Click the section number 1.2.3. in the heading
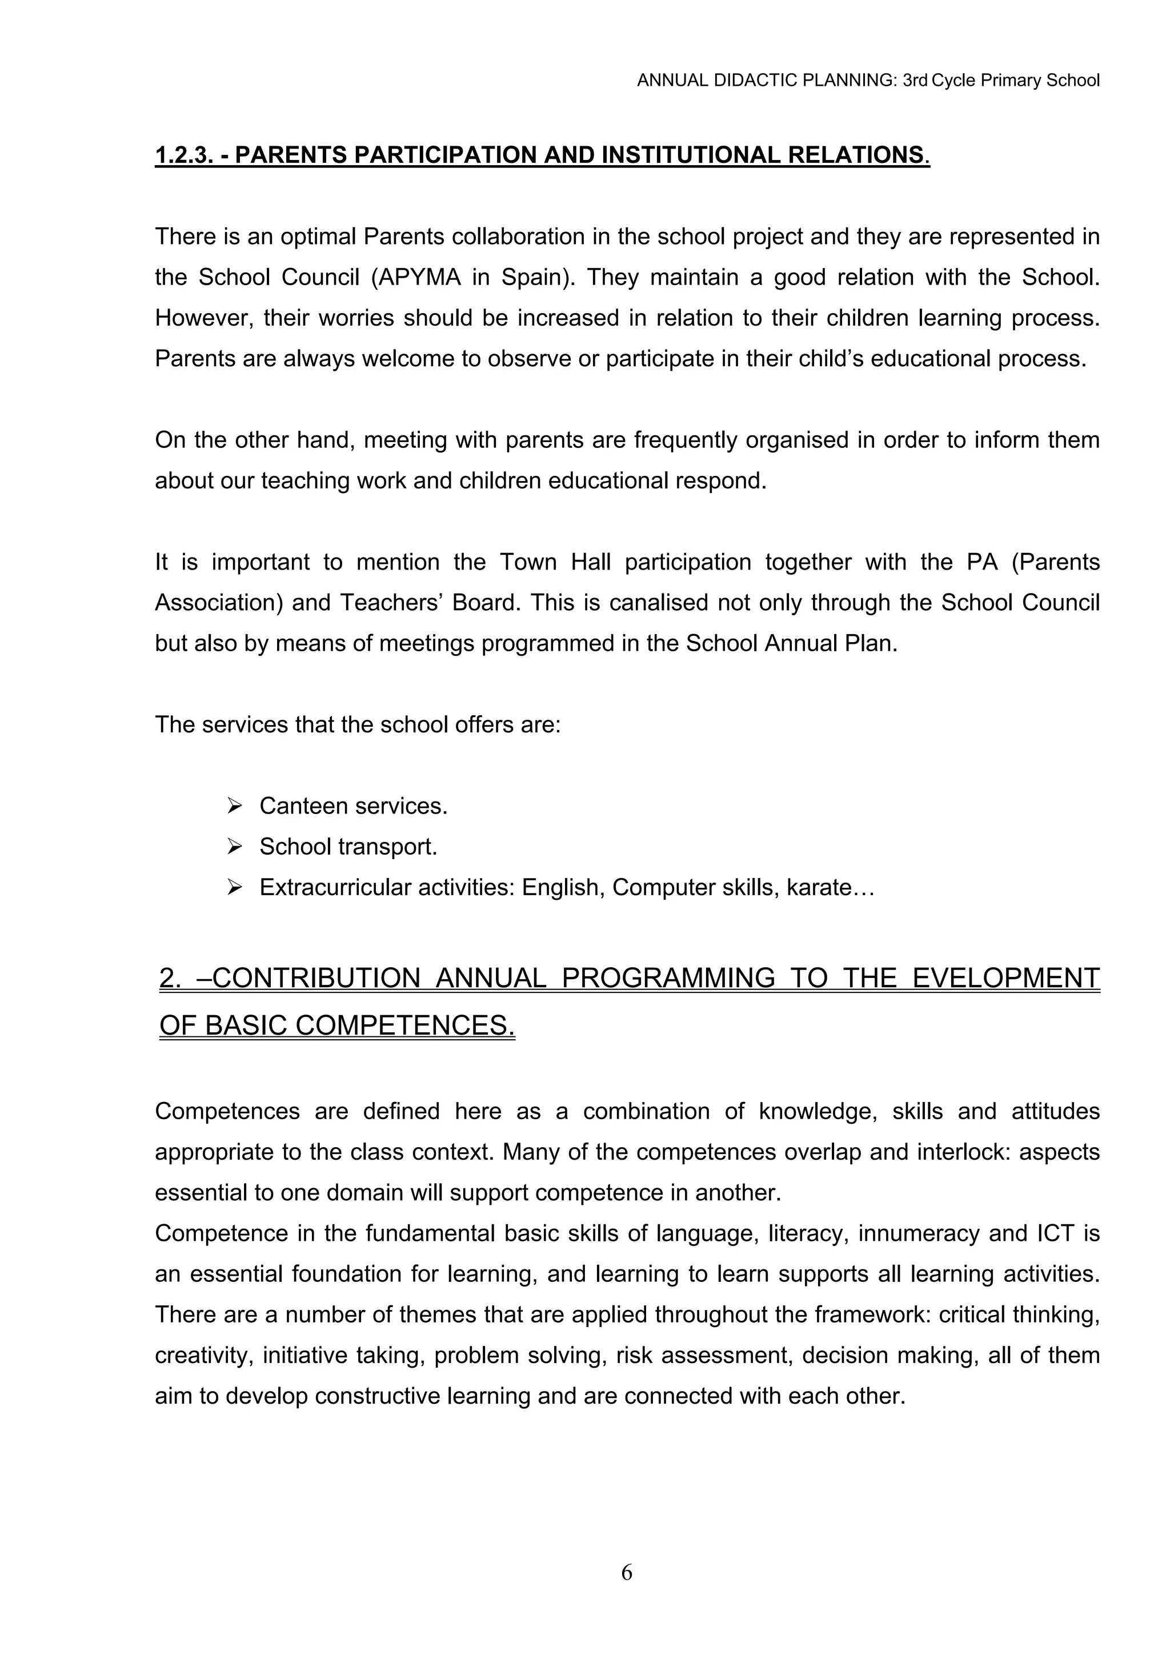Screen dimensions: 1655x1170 [184, 155]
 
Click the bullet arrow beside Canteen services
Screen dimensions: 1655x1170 [234, 806]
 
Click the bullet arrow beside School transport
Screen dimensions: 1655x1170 [234, 847]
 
